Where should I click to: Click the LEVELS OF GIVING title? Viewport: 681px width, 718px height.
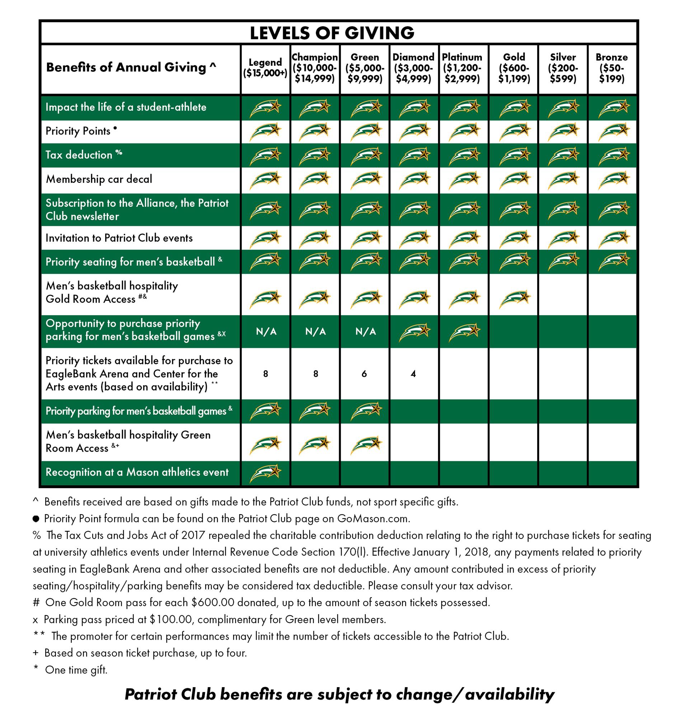[332, 33]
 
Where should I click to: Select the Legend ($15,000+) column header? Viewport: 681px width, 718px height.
[266, 68]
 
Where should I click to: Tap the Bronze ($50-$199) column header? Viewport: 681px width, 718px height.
[612, 68]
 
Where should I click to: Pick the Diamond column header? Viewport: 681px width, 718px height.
[413, 68]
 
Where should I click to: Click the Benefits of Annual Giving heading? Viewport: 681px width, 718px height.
[131, 67]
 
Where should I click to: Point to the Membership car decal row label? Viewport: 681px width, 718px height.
[99, 179]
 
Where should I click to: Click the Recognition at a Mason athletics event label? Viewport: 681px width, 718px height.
[137, 472]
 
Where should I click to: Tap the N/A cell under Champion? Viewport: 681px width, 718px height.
[315, 332]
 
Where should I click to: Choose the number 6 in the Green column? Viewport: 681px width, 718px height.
[364, 374]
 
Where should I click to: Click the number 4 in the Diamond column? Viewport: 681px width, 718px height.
[413, 374]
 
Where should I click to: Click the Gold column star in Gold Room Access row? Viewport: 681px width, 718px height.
[515, 299]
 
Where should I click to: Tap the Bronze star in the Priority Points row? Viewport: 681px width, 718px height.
[614, 132]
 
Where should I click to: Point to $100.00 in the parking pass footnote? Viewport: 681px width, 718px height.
[171, 619]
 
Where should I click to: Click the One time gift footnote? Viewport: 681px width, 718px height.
[76, 670]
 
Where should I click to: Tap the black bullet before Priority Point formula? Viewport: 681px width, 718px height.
[36, 519]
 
